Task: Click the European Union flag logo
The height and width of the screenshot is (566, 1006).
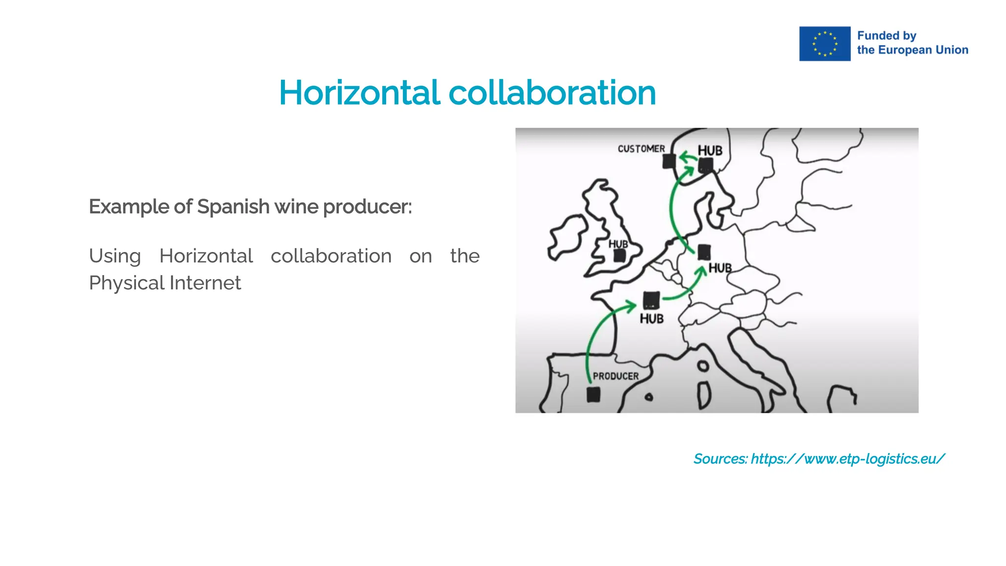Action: click(824, 44)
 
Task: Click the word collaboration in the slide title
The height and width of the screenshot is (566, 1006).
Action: click(552, 93)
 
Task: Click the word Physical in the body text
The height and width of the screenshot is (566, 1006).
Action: click(127, 283)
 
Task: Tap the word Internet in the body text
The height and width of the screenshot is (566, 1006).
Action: click(205, 283)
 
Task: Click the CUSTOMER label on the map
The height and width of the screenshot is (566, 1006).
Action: click(641, 149)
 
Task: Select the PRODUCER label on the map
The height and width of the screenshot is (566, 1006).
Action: click(615, 376)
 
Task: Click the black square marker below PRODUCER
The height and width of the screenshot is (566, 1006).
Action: click(593, 395)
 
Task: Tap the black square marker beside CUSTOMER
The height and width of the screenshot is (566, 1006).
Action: click(669, 161)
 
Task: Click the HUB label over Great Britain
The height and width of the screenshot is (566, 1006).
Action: click(618, 244)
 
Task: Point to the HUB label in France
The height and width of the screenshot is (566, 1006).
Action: click(651, 319)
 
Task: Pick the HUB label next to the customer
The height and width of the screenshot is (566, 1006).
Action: click(710, 151)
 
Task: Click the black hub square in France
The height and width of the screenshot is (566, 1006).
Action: click(651, 300)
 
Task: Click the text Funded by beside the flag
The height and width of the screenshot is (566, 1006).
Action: click(887, 36)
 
